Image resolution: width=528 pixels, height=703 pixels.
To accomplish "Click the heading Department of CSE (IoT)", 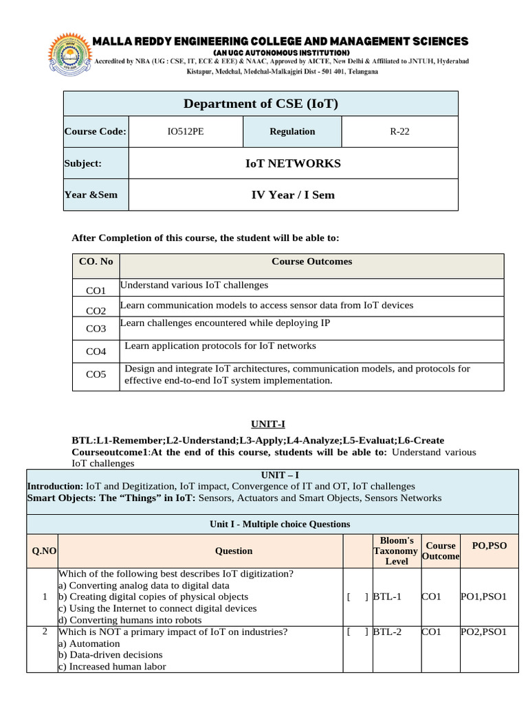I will point(261,104).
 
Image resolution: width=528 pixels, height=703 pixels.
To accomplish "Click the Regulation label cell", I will point(292,132).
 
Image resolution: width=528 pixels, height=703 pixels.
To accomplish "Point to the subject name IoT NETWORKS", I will point(293,163).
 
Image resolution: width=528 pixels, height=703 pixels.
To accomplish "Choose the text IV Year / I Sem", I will point(293,195).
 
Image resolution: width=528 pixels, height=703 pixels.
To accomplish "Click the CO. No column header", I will point(96,262).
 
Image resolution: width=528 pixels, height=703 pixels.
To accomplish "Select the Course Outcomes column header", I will point(311,262).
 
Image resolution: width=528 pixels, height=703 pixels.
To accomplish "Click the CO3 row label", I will point(96,329).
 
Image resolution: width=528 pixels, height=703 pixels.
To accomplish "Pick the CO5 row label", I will point(96,375).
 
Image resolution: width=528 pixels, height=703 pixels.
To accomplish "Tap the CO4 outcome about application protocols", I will point(220,346).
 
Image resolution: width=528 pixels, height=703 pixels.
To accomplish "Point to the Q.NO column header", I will point(41,551).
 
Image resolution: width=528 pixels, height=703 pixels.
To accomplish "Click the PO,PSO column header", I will point(489,545).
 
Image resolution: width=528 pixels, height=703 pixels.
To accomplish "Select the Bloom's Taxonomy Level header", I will point(395,551).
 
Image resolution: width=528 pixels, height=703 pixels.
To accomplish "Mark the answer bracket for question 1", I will point(357,597).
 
